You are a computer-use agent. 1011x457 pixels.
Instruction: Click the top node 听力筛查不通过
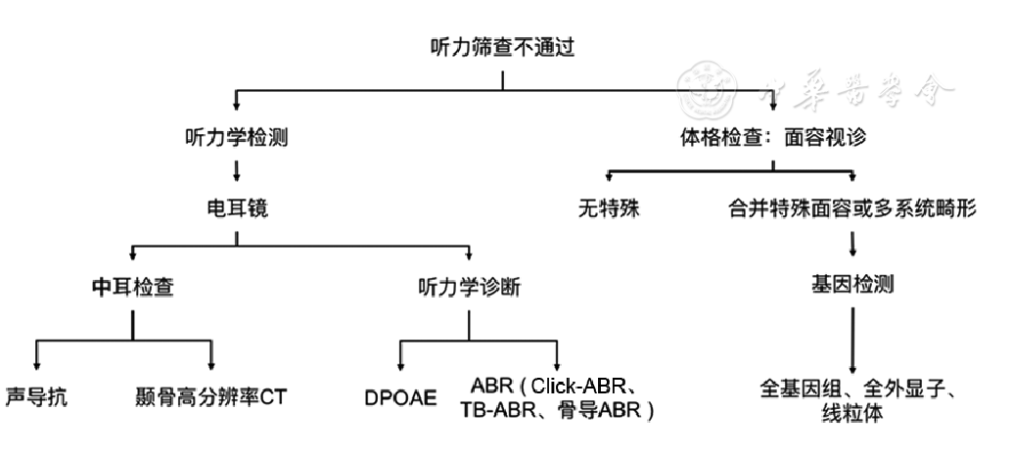point(498,47)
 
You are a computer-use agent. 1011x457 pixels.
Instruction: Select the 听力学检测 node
point(236,137)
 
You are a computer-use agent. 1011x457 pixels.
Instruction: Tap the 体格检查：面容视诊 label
point(773,137)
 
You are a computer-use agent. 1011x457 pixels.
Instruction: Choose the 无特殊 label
point(609,209)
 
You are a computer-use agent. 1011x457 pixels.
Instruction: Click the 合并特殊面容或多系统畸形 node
point(850,209)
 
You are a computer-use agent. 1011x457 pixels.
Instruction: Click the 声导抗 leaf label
point(37,396)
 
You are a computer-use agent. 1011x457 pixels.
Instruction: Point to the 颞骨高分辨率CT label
point(210,396)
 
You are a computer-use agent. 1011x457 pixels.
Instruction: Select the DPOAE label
point(400,398)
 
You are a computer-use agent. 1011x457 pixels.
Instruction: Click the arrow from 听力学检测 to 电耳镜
point(236,172)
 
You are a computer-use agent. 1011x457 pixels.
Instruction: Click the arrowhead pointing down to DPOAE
point(400,364)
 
